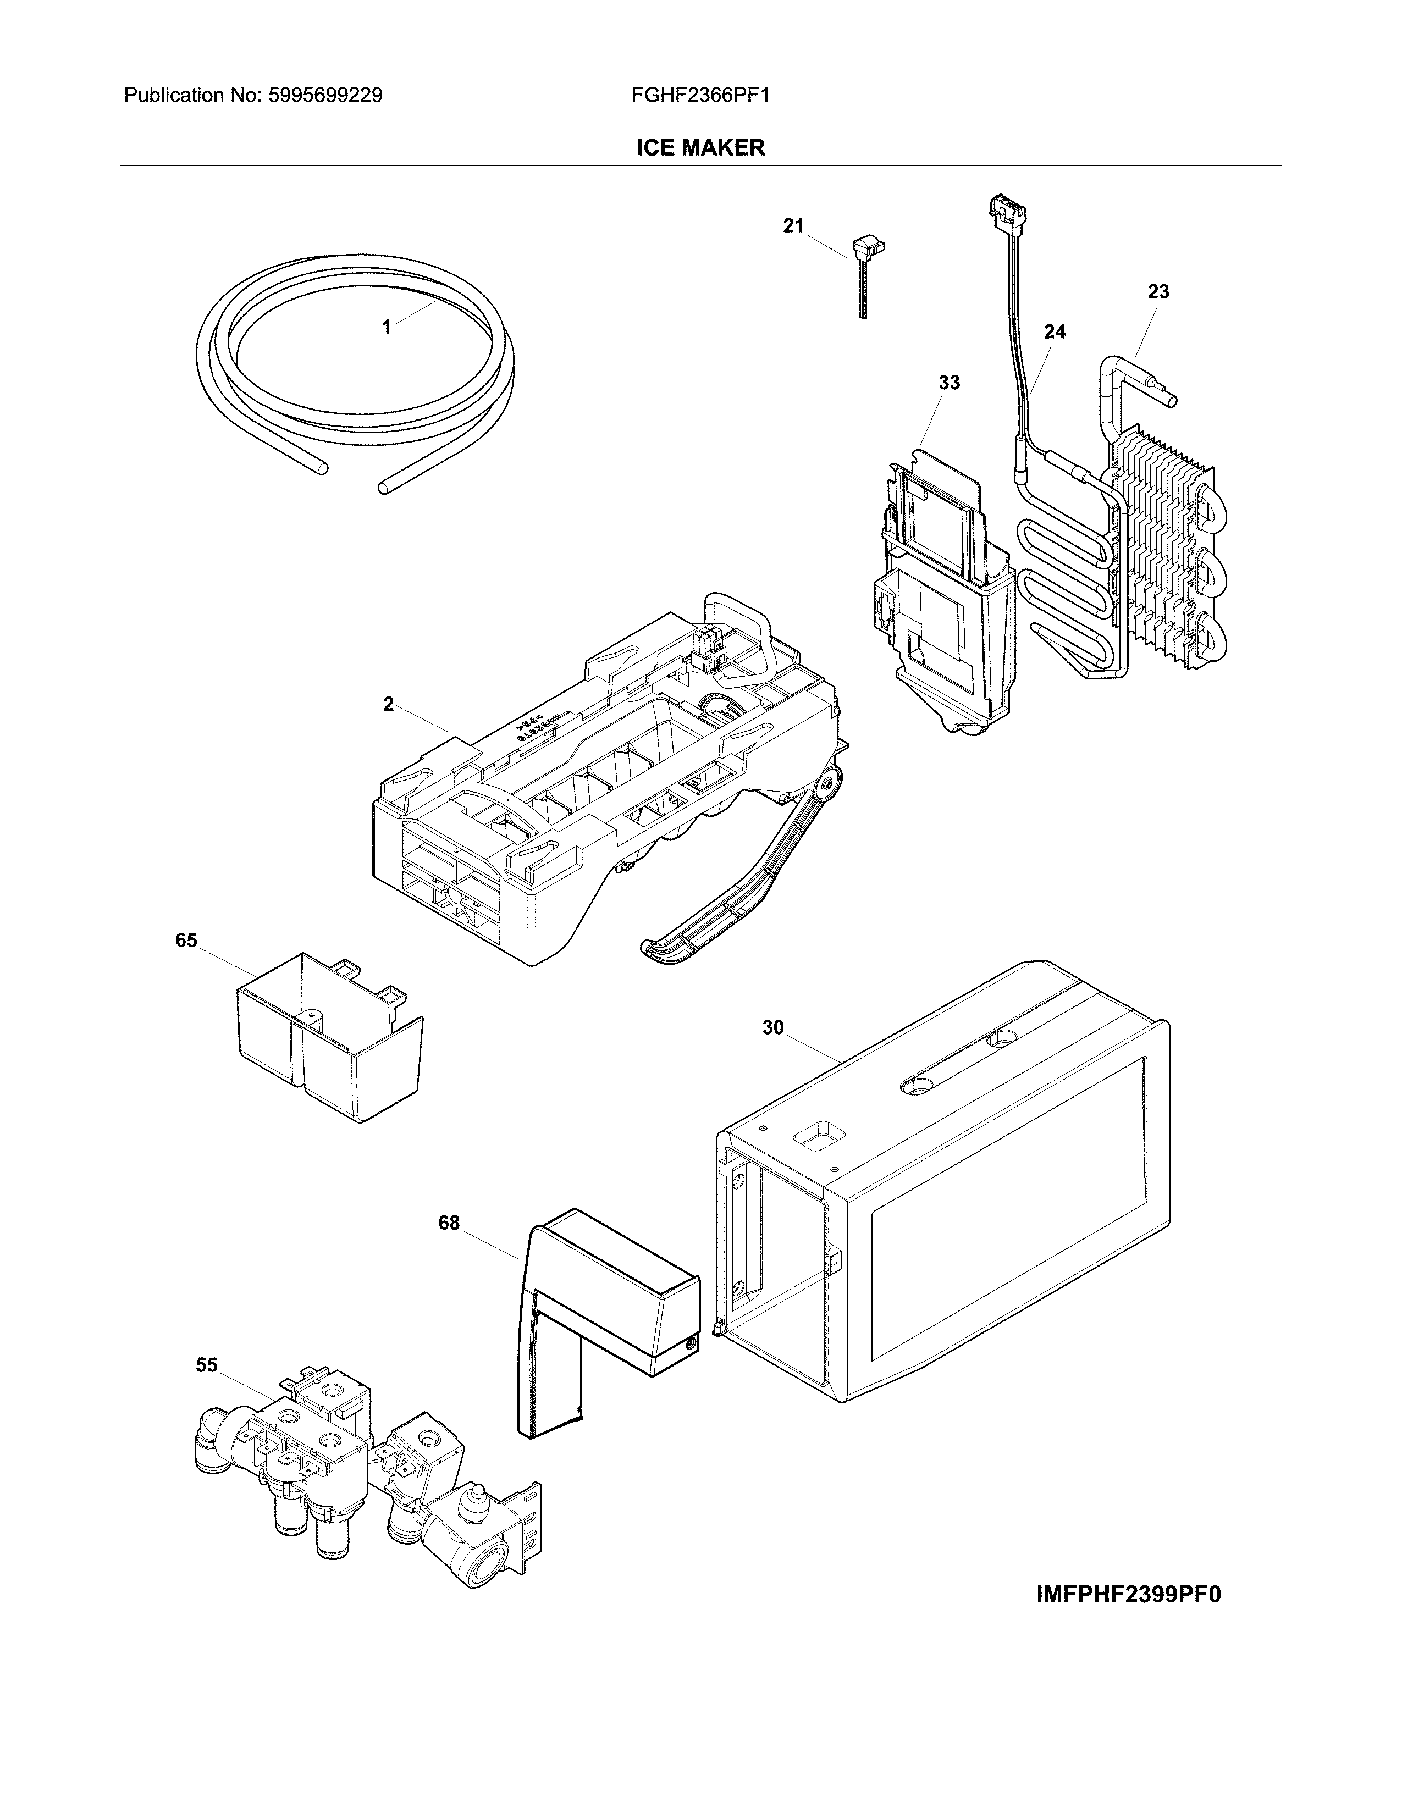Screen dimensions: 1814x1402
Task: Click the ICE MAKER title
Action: point(700,148)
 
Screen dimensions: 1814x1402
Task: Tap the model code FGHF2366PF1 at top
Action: point(700,96)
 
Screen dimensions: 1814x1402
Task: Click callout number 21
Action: point(793,226)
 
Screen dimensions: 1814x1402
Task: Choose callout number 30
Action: point(772,1027)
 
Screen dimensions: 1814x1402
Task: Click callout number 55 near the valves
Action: point(206,1365)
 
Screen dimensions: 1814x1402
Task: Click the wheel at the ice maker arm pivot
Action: point(827,782)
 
